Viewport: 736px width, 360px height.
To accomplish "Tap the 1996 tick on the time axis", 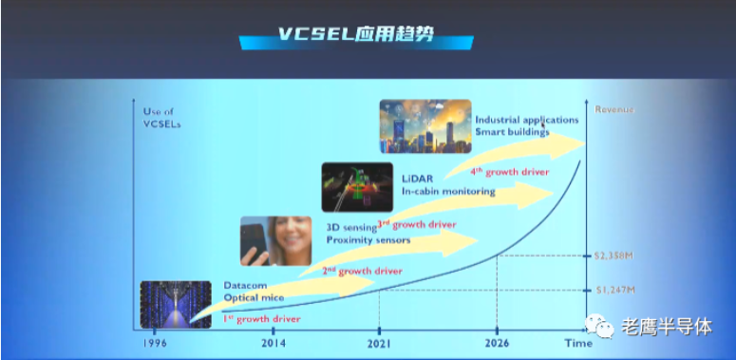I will [156, 344].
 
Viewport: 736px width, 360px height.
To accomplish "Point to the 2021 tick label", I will [379, 344].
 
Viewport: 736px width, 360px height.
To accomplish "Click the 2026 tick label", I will [497, 344].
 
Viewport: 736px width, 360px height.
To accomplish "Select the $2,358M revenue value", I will [614, 256].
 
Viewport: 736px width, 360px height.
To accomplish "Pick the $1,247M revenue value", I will [614, 290].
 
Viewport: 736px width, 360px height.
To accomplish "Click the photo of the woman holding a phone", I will [275, 239].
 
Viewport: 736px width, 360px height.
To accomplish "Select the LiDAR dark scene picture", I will [357, 185].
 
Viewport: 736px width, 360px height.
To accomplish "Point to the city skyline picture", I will [425, 126].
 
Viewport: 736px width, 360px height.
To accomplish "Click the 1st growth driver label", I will [261, 319].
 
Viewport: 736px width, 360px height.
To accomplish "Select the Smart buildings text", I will [513, 133].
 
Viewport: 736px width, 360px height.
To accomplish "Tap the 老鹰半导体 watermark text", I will [667, 327].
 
